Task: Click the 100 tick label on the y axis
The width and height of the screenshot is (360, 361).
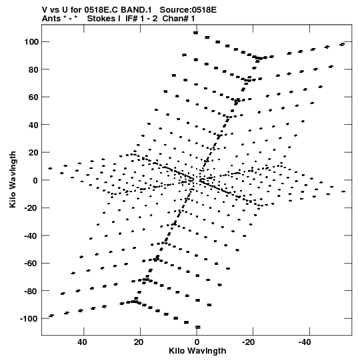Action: (32, 42)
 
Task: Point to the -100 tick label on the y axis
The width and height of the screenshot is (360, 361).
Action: (29, 319)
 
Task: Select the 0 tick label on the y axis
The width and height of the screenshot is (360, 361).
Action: (35, 180)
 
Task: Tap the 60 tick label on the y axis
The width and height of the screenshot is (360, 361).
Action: (33, 97)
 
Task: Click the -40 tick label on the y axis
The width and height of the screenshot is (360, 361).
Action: (31, 236)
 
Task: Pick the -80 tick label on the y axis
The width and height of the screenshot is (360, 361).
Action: (31, 291)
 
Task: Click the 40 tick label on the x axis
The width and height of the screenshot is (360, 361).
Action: (83, 342)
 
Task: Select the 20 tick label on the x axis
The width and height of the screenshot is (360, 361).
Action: (139, 342)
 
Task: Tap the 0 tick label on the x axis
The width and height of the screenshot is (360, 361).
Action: (197, 342)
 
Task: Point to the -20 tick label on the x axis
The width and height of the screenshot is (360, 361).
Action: (249, 342)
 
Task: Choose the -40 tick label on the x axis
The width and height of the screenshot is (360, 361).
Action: (305, 342)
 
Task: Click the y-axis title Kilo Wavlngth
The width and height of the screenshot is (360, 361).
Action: (13, 179)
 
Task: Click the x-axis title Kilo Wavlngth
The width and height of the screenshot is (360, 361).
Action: (197, 351)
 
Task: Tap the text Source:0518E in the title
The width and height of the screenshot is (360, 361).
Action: (188, 10)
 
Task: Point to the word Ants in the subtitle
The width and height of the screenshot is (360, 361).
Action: (51, 19)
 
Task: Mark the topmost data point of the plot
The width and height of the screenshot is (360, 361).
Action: (195, 33)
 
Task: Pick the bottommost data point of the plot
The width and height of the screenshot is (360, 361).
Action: (198, 327)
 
